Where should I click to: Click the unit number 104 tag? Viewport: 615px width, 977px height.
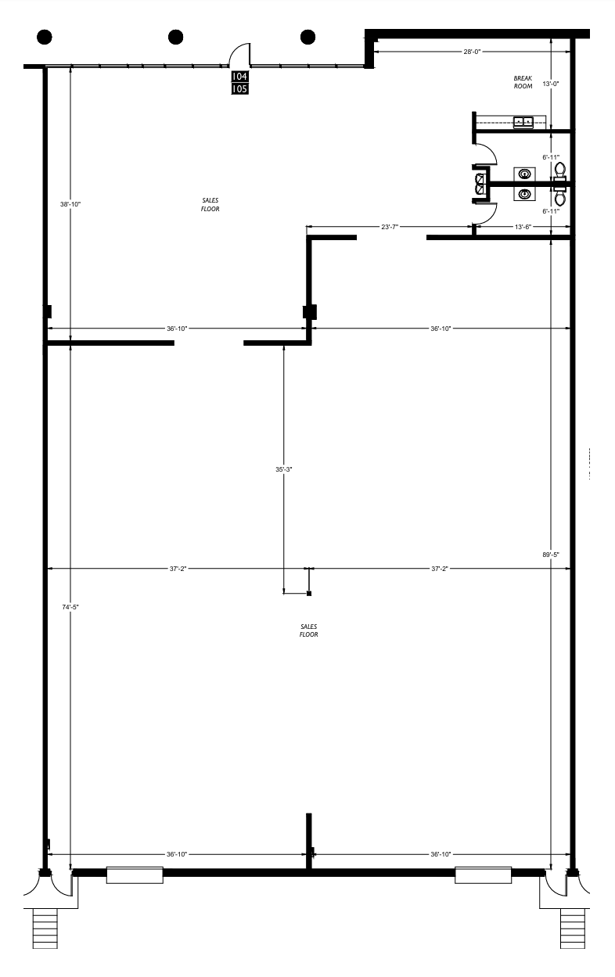click(x=239, y=77)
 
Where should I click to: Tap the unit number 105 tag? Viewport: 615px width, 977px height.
click(x=239, y=89)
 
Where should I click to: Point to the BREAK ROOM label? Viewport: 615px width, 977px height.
click(x=523, y=82)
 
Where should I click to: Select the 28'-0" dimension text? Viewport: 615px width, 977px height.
click(x=470, y=52)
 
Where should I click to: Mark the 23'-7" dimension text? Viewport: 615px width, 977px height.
click(x=390, y=227)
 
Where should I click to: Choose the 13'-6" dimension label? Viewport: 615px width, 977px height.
click(x=524, y=227)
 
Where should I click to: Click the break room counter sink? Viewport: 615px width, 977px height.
click(x=523, y=121)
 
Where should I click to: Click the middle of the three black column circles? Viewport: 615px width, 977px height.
click(x=176, y=36)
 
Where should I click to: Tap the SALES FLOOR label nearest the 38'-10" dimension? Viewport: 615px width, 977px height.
click(x=209, y=205)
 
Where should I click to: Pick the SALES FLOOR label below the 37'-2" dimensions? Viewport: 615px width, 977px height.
click(x=308, y=630)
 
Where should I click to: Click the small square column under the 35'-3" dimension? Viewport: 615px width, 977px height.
click(x=309, y=594)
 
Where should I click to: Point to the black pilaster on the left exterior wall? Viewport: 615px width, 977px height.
click(x=48, y=311)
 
